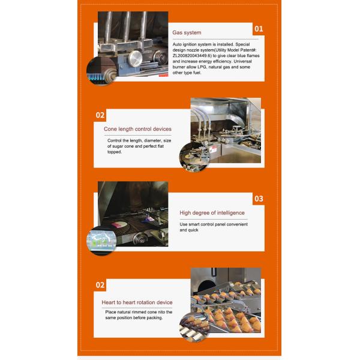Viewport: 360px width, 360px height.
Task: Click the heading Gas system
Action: (x=187, y=32)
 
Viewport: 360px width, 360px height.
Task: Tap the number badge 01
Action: (x=259, y=29)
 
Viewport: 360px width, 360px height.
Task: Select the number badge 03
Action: (x=259, y=199)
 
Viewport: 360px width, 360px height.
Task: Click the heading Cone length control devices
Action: (x=137, y=129)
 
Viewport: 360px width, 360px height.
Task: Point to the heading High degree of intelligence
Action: (x=212, y=213)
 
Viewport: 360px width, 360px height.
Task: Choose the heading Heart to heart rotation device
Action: (x=137, y=302)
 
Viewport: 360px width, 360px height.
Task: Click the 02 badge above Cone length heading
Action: (x=100, y=115)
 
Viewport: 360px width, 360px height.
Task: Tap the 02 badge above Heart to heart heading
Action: (x=100, y=285)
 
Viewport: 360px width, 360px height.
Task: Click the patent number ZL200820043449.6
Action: (x=191, y=56)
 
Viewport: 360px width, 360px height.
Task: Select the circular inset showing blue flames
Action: (x=101, y=71)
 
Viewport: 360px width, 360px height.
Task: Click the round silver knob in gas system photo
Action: (x=135, y=59)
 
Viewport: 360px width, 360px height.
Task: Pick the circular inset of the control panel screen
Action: (x=101, y=241)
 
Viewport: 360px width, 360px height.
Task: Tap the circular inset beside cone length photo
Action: (x=194, y=157)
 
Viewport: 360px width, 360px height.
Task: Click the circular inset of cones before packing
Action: (x=194, y=327)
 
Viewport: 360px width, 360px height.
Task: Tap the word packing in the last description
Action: (x=155, y=318)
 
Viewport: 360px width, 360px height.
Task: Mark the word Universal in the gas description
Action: (x=242, y=62)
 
